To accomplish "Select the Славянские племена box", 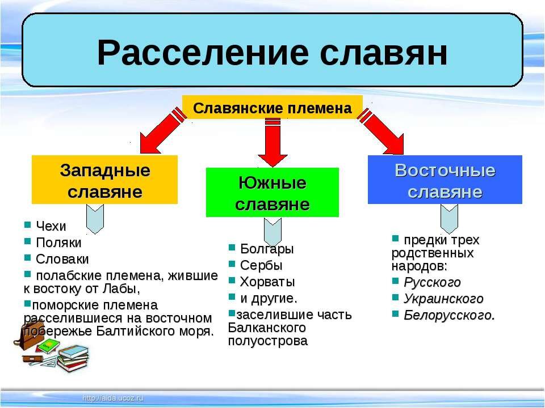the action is [x=272, y=108].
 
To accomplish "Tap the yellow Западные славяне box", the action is [x=104, y=180].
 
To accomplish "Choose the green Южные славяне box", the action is [x=272, y=192].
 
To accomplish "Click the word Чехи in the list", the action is [x=51, y=227].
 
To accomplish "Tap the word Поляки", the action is [x=58, y=243].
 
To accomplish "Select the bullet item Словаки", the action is [x=62, y=259].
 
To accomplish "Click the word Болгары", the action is [x=267, y=249].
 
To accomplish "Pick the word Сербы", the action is [x=261, y=265].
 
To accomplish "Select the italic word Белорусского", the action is [x=448, y=315].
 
